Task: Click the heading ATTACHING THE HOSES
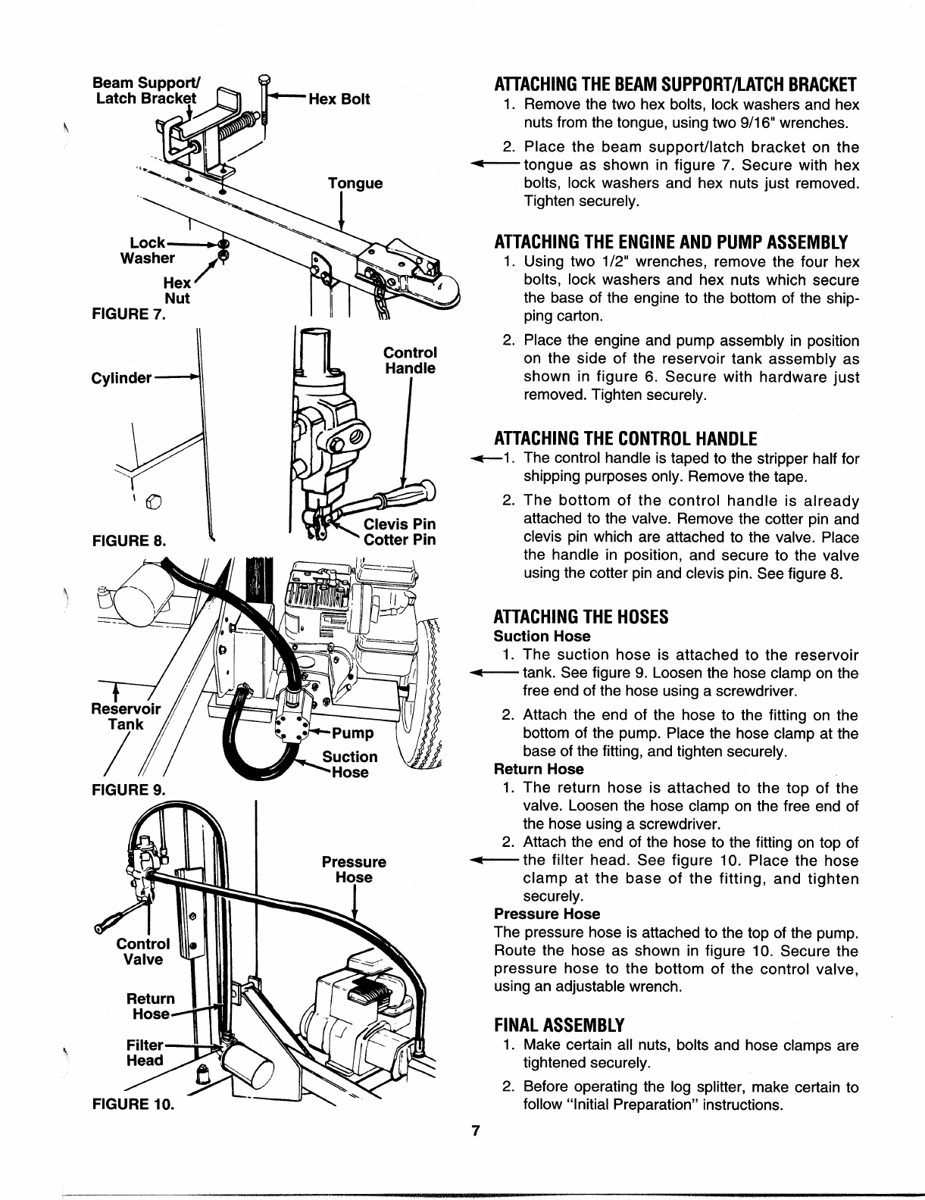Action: (580, 617)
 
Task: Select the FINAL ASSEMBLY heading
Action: (558, 1025)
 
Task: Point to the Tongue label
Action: (355, 183)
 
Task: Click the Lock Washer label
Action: (148, 250)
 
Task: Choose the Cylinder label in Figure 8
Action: (122, 377)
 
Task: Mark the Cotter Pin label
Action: (399, 540)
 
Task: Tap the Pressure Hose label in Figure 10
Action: (354, 870)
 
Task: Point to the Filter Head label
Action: (145, 1052)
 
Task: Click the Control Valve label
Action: (143, 952)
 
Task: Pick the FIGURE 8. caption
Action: (128, 540)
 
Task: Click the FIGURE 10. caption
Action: (132, 1102)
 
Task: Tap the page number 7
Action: (475, 1131)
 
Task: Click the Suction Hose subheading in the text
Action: (541, 636)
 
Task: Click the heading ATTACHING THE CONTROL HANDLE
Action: (625, 439)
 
